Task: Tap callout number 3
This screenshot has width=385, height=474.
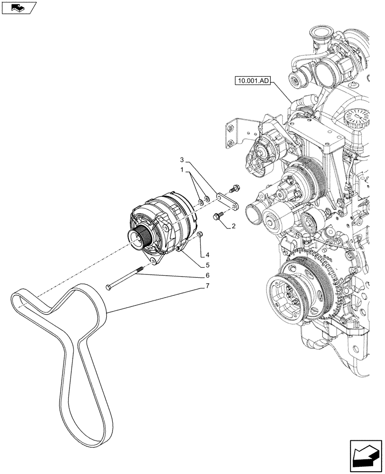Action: (x=182, y=158)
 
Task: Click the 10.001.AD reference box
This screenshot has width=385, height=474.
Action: (x=252, y=81)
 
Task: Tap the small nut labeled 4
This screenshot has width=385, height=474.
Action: (x=200, y=234)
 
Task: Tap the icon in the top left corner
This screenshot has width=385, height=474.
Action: (x=19, y=8)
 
